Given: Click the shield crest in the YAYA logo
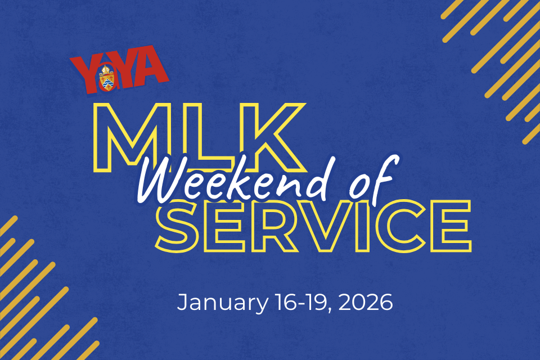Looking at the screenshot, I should pos(106,78).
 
